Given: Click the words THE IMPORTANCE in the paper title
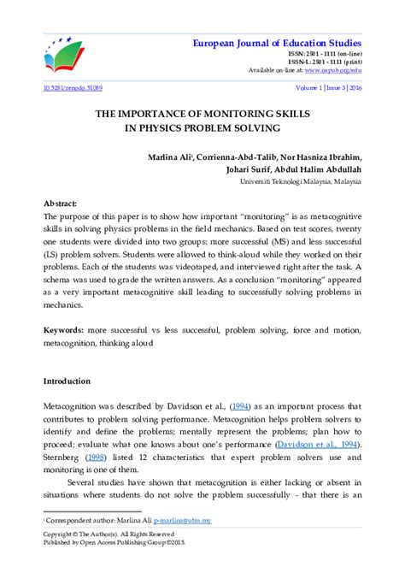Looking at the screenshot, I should tap(149, 114).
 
